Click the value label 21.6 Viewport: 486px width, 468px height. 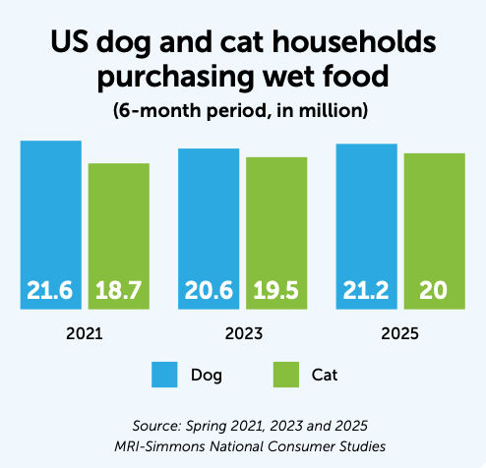pos(51,291)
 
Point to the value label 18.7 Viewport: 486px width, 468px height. pos(119,291)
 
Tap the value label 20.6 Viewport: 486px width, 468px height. pos(209,291)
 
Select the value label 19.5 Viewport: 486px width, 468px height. pos(276,291)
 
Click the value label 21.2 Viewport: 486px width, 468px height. pos(366,291)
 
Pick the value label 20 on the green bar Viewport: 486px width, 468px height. pos(434,291)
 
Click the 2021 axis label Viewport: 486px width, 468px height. pos(85,334)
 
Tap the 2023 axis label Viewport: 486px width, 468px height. pos(242,334)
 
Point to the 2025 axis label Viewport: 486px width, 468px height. pos(399,334)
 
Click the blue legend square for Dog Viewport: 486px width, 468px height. pos(164,375)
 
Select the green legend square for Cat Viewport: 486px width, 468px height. pos(285,375)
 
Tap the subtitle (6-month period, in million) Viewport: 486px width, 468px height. pos(243,110)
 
